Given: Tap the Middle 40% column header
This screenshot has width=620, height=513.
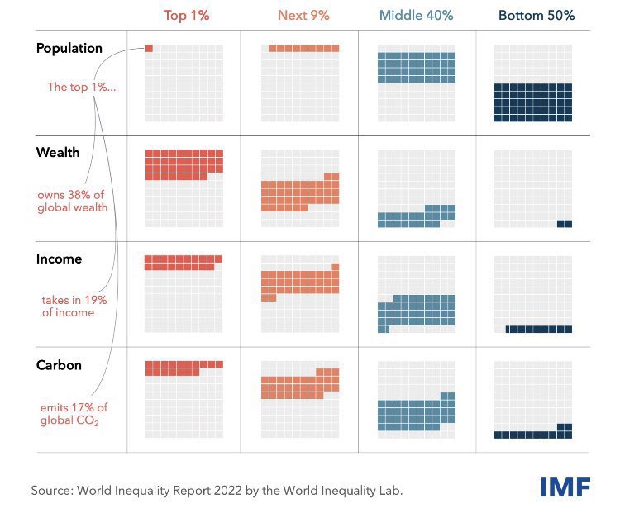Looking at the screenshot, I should tap(417, 15).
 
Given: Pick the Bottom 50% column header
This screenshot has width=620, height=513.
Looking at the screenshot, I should tap(536, 15).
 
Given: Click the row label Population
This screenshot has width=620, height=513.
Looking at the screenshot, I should tap(69, 48).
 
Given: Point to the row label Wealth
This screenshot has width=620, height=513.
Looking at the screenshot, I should tap(58, 153).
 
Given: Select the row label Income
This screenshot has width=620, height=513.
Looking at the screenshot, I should tap(60, 259).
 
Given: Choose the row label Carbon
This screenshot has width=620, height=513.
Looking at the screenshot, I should tap(60, 364).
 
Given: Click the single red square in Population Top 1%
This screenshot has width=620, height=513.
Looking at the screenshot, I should tap(149, 48).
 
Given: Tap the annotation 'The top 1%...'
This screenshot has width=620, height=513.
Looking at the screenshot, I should tap(81, 87).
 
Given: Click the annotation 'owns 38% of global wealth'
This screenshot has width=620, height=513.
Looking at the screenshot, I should tap(73, 201).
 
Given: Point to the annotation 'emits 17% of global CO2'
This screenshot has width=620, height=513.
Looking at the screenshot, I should tap(74, 413).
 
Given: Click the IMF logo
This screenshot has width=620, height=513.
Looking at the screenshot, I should tap(565, 487).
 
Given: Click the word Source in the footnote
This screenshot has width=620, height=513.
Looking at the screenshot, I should tap(51, 490).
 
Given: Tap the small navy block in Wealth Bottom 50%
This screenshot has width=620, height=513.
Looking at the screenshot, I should tap(565, 224).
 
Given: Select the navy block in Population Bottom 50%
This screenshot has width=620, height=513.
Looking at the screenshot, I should tap(533, 102).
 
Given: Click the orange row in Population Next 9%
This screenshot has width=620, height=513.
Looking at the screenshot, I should tap(304, 48).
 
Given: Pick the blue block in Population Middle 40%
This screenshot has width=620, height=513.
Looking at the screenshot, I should tap(417, 68).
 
